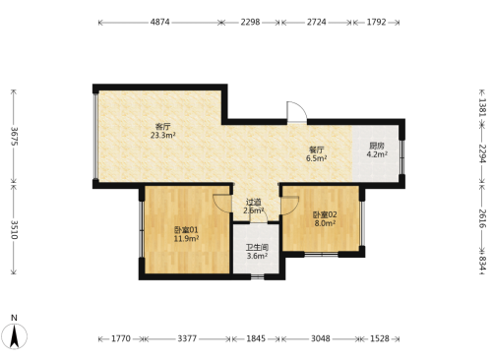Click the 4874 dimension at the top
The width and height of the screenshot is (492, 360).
[x=159, y=23]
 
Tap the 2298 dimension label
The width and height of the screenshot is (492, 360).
[x=250, y=23]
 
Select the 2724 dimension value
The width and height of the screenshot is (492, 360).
[x=317, y=23]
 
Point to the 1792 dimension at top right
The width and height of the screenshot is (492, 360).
[x=376, y=23]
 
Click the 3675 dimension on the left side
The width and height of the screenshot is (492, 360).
[x=15, y=136]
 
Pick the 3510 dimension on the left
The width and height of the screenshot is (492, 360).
[x=15, y=229]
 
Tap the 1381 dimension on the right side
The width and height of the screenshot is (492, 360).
[x=482, y=107]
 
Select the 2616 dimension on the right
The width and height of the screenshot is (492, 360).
[x=482, y=218]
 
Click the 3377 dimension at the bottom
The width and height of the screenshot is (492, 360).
[x=187, y=338]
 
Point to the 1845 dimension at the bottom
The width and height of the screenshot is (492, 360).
[x=256, y=338]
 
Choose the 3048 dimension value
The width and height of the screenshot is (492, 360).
[x=321, y=338]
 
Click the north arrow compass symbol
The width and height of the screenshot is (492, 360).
[x=14, y=335]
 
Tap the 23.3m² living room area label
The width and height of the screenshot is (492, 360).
[x=163, y=135]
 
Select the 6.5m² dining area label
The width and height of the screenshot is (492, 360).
[x=316, y=158]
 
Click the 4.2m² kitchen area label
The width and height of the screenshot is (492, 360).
[x=377, y=154]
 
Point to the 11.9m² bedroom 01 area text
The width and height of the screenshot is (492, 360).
[x=186, y=239]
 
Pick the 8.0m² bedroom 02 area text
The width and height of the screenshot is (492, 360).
[x=325, y=223]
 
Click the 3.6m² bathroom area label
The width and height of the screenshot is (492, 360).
[x=257, y=256]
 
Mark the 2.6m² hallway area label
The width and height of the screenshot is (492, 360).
[x=254, y=210]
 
